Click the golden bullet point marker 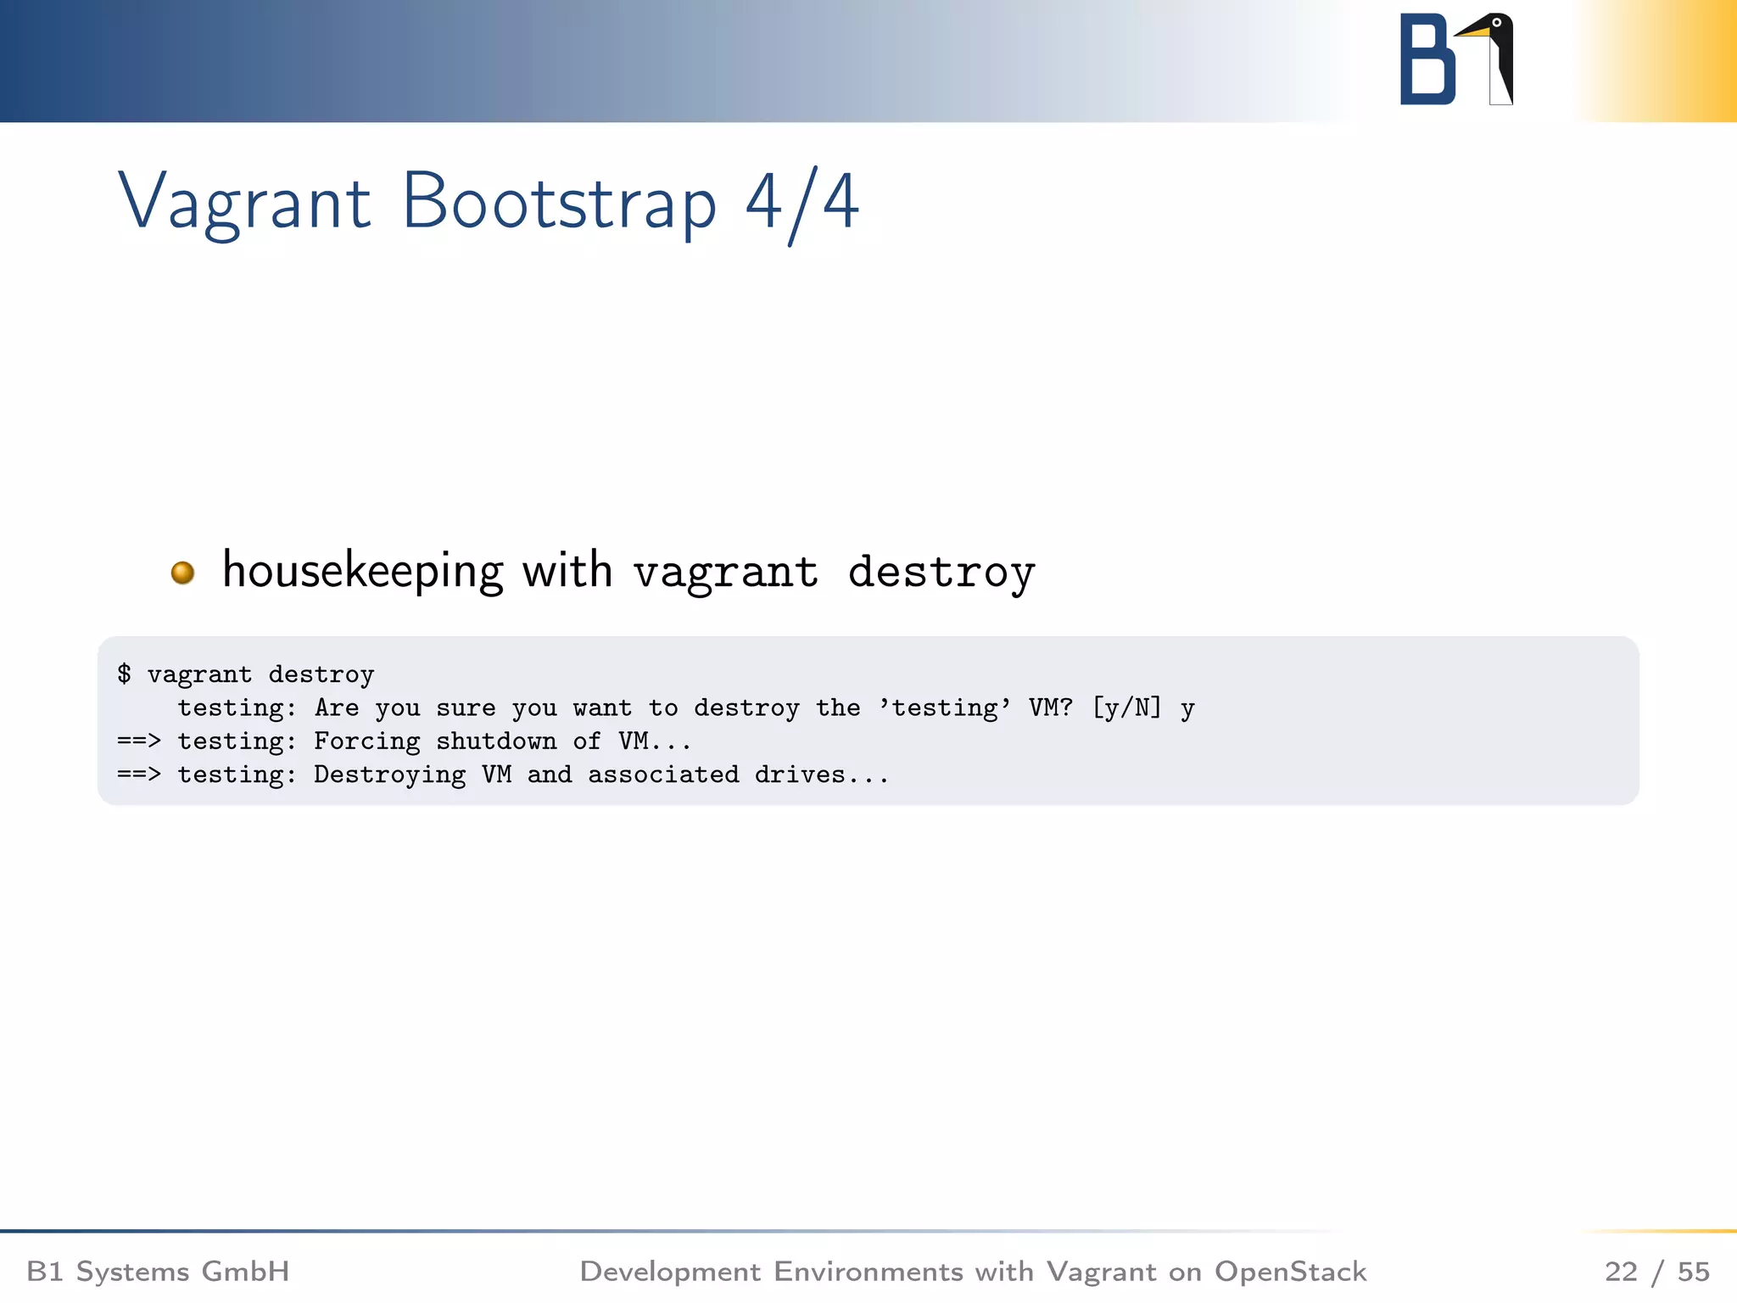coord(182,573)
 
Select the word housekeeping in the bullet coord(362,570)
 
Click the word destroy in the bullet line coord(941,572)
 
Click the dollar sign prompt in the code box coord(125,674)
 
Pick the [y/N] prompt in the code coord(1126,707)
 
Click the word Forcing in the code coord(366,741)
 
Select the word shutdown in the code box coord(496,741)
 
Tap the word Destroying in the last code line coord(389,775)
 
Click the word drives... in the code coord(821,775)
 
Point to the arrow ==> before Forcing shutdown coord(139,741)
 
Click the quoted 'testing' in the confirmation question coord(945,707)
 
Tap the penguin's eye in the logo coord(1497,23)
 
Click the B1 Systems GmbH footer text coord(158,1272)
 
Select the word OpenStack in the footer coord(1290,1272)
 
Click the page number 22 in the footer coord(1621,1272)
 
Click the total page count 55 coord(1693,1272)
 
